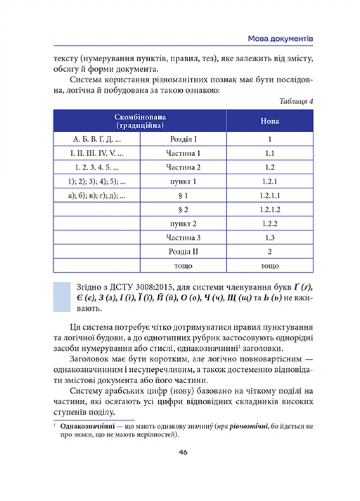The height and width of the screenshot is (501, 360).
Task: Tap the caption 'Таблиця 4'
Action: (296, 101)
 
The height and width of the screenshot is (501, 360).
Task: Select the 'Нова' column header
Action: (270, 121)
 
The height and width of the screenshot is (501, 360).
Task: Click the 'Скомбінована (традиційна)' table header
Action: (140, 121)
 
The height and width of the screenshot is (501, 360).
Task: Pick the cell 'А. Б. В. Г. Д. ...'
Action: (97, 139)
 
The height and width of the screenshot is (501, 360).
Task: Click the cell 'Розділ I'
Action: (183, 139)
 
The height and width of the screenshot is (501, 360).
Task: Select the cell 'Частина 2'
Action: (183, 167)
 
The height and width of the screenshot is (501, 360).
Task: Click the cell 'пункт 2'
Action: (183, 223)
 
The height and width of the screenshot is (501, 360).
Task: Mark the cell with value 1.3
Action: (270, 237)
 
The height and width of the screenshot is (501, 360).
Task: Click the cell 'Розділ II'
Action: (183, 252)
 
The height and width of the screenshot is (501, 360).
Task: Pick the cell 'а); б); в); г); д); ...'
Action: (97, 195)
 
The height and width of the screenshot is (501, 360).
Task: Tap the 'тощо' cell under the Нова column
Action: (270, 266)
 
